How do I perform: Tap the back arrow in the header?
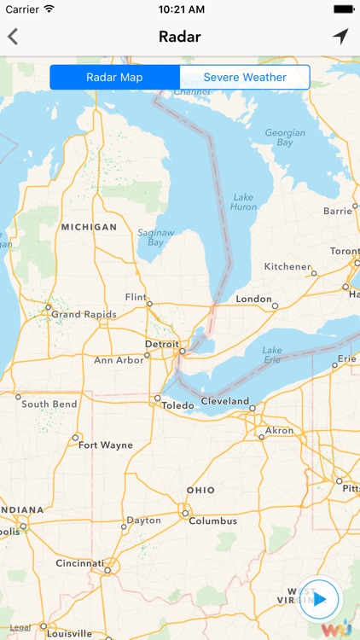click(13, 37)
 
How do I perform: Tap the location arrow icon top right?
click(340, 36)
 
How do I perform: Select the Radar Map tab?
click(114, 78)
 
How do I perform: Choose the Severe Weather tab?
click(245, 78)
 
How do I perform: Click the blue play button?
click(320, 598)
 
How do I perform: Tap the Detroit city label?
click(162, 344)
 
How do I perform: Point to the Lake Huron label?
click(243, 201)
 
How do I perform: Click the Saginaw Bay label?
click(156, 237)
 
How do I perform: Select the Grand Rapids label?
click(84, 314)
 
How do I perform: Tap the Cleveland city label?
click(225, 401)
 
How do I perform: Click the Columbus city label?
click(212, 521)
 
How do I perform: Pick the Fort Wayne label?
click(105, 445)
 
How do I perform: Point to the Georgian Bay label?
click(285, 137)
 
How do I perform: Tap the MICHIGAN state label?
click(89, 227)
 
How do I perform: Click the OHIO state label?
click(200, 490)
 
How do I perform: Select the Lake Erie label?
click(272, 355)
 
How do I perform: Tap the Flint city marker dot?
click(149, 303)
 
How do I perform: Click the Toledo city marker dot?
click(157, 398)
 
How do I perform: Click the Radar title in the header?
click(180, 37)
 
